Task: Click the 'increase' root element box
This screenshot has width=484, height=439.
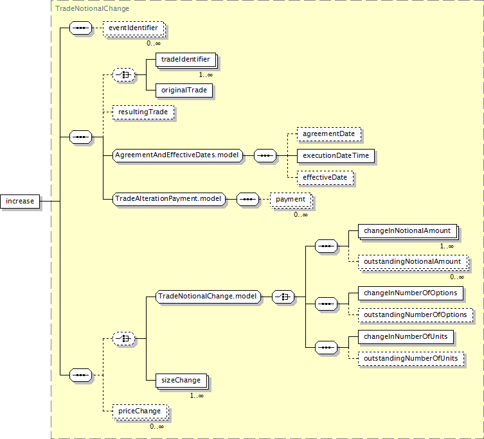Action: tap(20, 201)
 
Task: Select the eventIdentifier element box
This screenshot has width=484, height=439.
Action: tap(132, 28)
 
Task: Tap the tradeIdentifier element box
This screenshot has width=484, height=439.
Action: tap(185, 60)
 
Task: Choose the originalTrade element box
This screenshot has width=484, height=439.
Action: tap(184, 90)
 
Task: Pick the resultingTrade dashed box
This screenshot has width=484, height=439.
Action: tap(143, 112)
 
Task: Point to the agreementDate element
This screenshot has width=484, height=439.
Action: tap(329, 134)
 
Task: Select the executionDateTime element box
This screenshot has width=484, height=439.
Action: tap(336, 155)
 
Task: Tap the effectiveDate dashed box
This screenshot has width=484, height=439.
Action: tap(325, 177)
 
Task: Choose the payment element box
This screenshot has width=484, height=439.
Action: tap(291, 200)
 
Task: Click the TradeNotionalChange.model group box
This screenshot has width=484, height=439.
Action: tap(208, 297)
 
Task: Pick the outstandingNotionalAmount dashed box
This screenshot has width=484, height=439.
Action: tap(412, 262)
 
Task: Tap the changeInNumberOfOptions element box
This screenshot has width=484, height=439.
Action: tap(410, 293)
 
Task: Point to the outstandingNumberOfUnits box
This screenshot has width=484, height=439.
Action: tap(411, 358)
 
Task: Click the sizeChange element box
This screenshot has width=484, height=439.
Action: tap(181, 380)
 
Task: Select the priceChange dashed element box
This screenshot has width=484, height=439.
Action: tap(139, 410)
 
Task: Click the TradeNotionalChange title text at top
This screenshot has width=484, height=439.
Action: tap(92, 8)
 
